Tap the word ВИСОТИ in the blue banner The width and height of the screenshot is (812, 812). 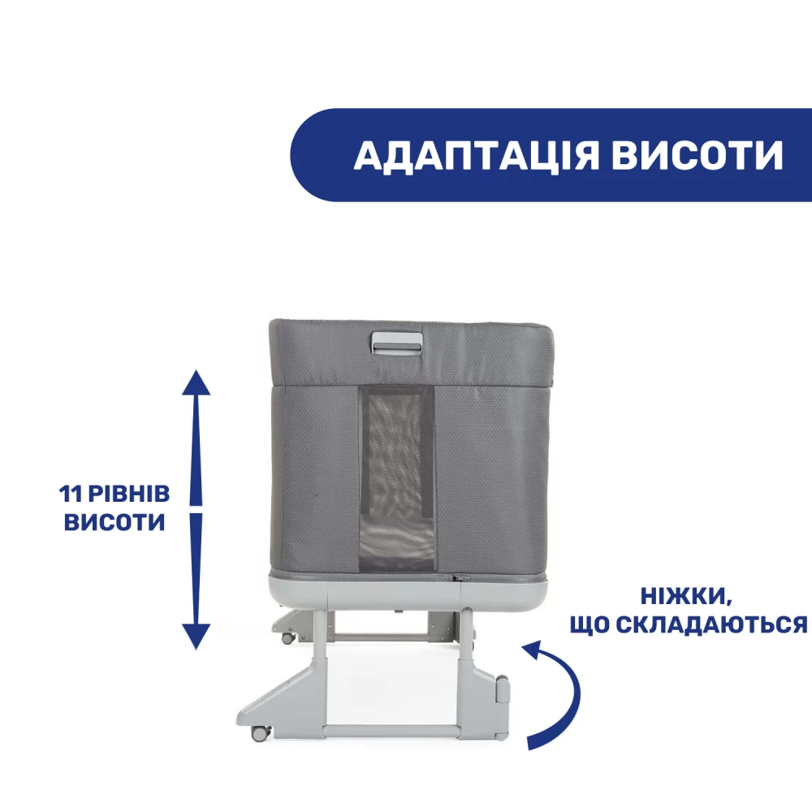click(x=698, y=155)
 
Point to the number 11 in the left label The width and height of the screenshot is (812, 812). click(x=71, y=494)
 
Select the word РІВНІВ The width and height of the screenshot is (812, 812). click(x=129, y=494)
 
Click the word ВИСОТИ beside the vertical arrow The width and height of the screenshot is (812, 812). click(x=114, y=522)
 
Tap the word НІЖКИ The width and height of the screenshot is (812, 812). click(x=686, y=597)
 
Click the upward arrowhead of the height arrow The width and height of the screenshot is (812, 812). click(x=197, y=383)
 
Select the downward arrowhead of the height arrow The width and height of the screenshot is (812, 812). click(x=197, y=637)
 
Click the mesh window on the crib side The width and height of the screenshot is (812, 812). click(x=397, y=479)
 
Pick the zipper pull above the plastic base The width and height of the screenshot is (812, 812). click(x=460, y=577)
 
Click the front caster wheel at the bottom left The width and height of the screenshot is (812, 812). click(x=260, y=732)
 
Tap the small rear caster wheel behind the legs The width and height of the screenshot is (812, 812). click(x=288, y=638)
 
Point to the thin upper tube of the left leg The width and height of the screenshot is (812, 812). click(x=321, y=637)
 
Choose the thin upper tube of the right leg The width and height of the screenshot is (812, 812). click(x=465, y=637)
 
